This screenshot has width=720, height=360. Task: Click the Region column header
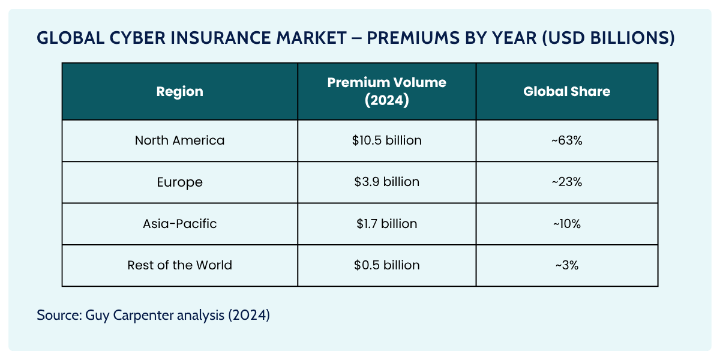pyautogui.click(x=179, y=92)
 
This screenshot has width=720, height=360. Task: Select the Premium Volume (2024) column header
pyautogui.click(x=386, y=92)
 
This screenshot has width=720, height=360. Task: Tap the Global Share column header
pyautogui.click(x=566, y=92)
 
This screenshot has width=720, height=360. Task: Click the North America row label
pyautogui.click(x=179, y=140)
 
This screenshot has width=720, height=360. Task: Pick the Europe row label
pyautogui.click(x=179, y=182)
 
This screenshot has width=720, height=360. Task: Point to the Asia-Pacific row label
pyautogui.click(x=179, y=224)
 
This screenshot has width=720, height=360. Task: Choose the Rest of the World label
pyautogui.click(x=179, y=265)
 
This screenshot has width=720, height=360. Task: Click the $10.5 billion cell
pyautogui.click(x=386, y=140)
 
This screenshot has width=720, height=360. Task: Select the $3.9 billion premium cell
pyautogui.click(x=386, y=182)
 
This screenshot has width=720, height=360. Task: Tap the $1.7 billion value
pyautogui.click(x=386, y=224)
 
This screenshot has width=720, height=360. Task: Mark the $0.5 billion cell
pyautogui.click(x=386, y=265)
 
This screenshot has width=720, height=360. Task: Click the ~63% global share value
pyautogui.click(x=566, y=140)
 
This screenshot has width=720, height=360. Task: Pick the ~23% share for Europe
pyautogui.click(x=566, y=182)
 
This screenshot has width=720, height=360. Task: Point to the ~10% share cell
pyautogui.click(x=566, y=224)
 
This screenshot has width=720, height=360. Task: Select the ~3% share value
pyautogui.click(x=566, y=265)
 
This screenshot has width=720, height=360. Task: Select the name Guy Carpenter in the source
pyautogui.click(x=125, y=315)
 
